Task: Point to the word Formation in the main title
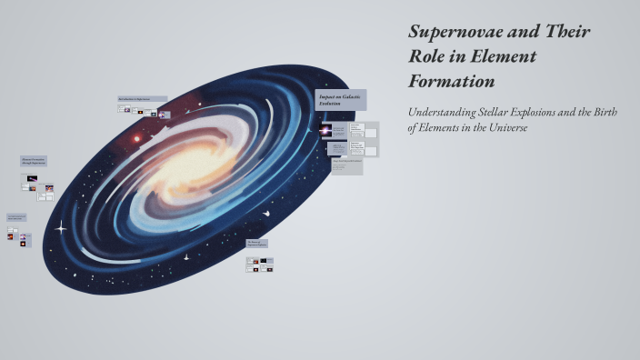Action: [452, 80]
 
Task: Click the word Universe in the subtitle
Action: [506, 128]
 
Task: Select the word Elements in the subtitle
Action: [441, 128]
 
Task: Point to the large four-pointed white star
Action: [62, 227]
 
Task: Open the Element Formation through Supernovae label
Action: [34, 161]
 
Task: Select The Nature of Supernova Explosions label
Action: [256, 244]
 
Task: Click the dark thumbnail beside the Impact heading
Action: [326, 129]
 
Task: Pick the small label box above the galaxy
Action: [142, 98]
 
